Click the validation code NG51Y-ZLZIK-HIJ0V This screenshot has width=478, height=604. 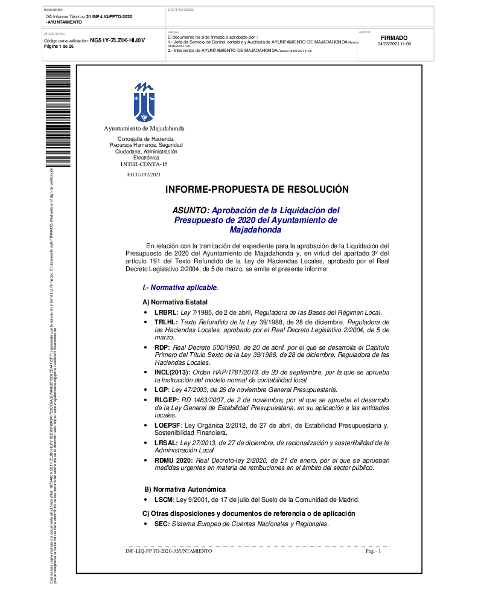[118, 40]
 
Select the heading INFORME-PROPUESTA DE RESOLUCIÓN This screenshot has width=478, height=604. [257, 190]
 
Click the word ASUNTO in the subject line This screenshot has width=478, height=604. [190, 210]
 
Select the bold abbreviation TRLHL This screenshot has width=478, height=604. [166, 323]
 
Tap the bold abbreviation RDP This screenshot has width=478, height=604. [162, 348]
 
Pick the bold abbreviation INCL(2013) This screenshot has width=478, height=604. [172, 373]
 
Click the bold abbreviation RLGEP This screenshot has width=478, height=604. [166, 400]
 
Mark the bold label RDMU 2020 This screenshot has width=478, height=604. [173, 460]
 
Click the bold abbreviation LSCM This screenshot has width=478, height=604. [164, 500]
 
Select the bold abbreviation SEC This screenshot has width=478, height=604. [162, 524]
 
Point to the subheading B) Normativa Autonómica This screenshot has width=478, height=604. [185, 489]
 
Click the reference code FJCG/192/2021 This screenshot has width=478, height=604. [144, 175]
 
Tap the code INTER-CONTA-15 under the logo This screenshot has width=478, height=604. [144, 164]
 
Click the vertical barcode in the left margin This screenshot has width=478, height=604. [58, 115]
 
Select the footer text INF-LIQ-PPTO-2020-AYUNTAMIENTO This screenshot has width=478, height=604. [168, 551]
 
